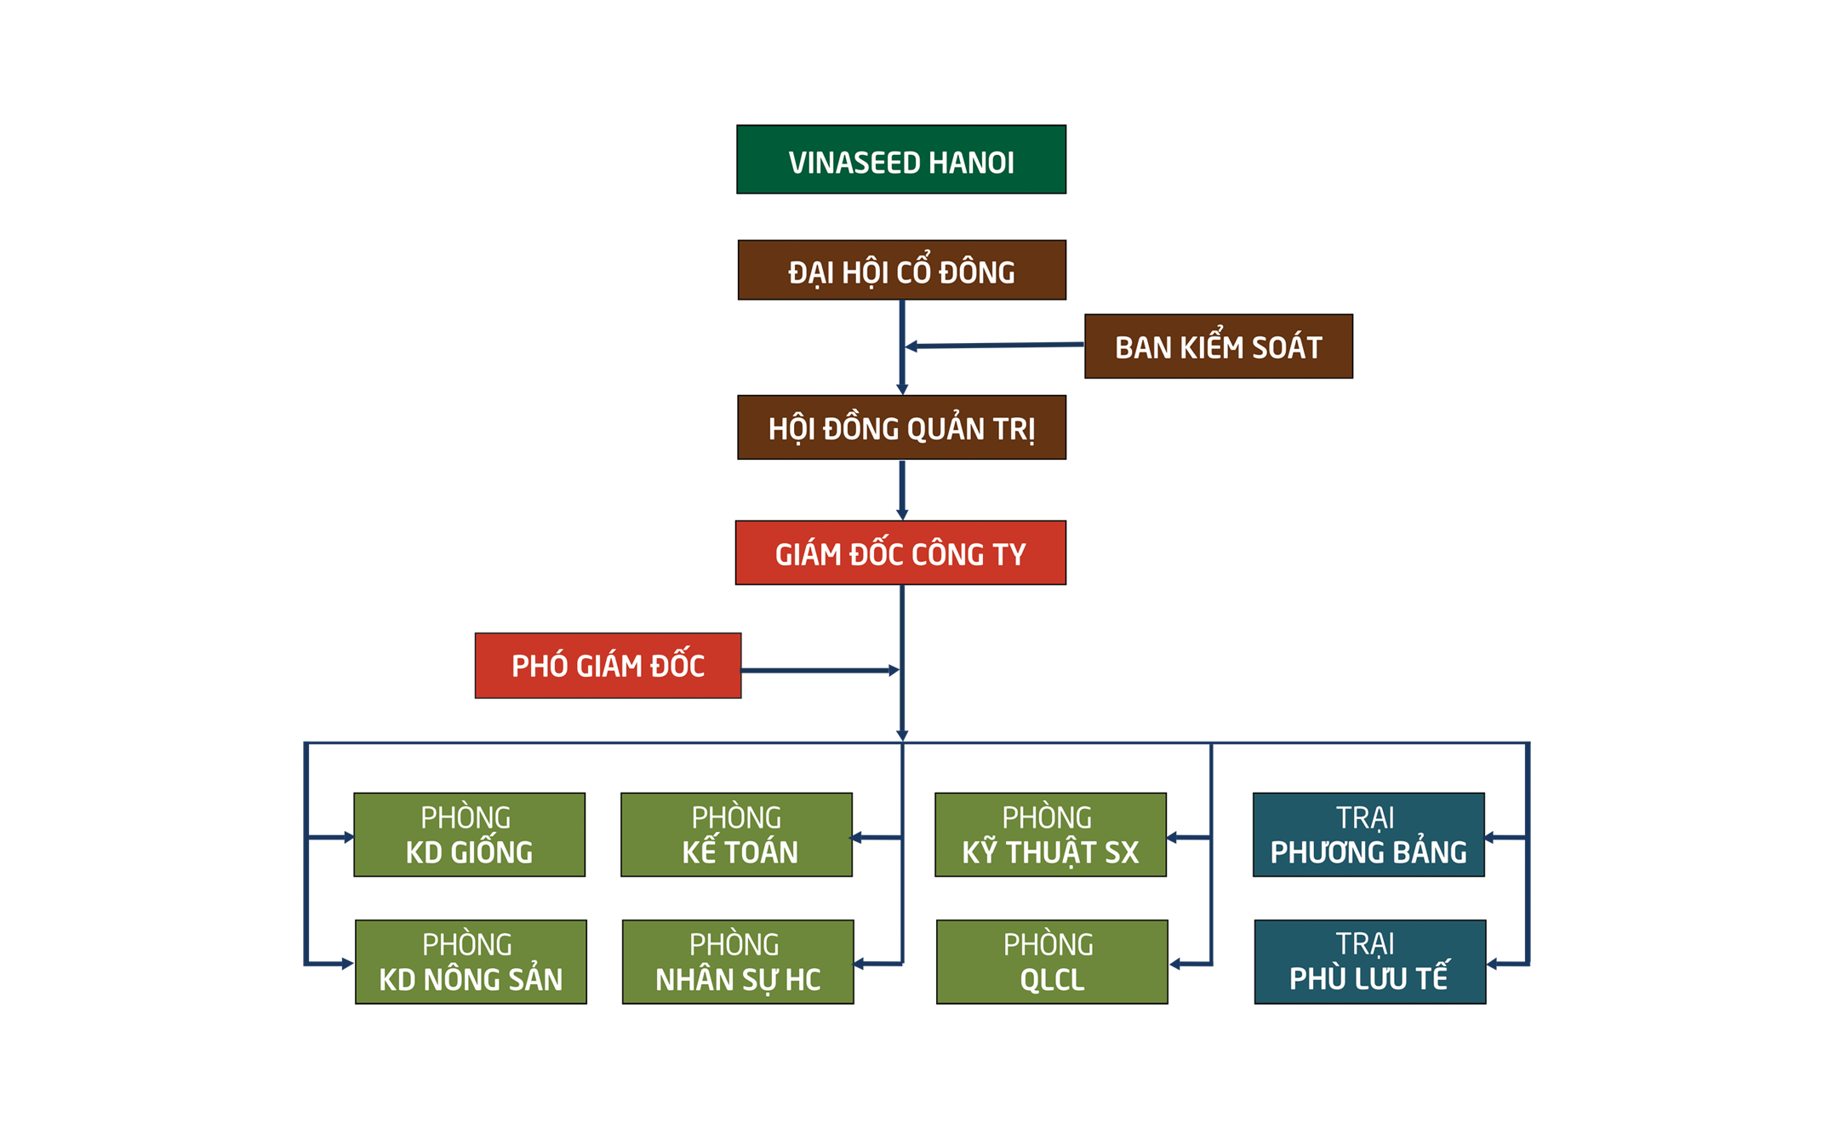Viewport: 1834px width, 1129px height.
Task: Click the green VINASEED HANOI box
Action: (901, 159)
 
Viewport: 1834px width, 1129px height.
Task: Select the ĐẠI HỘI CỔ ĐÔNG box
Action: (902, 270)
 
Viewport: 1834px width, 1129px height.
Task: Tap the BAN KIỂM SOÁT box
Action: (1219, 346)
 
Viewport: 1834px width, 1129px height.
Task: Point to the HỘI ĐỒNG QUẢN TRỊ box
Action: (902, 427)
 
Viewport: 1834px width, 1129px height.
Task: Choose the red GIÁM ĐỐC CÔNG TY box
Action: (900, 553)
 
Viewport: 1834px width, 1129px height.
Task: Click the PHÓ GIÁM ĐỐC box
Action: (608, 666)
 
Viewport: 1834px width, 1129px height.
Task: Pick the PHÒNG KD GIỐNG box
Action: (470, 834)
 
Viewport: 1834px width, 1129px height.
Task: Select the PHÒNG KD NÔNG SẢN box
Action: (471, 962)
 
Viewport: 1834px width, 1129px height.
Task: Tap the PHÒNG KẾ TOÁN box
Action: (737, 834)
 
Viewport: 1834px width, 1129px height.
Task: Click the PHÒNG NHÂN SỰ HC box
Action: (738, 962)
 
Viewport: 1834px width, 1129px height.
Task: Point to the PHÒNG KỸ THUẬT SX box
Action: (1051, 834)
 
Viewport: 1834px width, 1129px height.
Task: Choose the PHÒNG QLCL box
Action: (1052, 962)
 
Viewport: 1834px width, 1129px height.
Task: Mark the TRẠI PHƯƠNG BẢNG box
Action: (1369, 834)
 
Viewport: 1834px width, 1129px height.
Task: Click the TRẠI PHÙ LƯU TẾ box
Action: (1370, 962)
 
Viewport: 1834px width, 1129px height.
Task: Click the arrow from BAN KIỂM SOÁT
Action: (994, 346)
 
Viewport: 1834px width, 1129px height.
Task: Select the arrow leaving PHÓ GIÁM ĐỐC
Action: (820, 671)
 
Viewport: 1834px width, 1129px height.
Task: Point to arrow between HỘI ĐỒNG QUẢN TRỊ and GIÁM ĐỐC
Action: (902, 490)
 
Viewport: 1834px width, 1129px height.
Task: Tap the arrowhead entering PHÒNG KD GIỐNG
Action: (349, 838)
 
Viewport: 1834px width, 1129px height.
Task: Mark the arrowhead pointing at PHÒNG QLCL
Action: (1174, 964)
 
